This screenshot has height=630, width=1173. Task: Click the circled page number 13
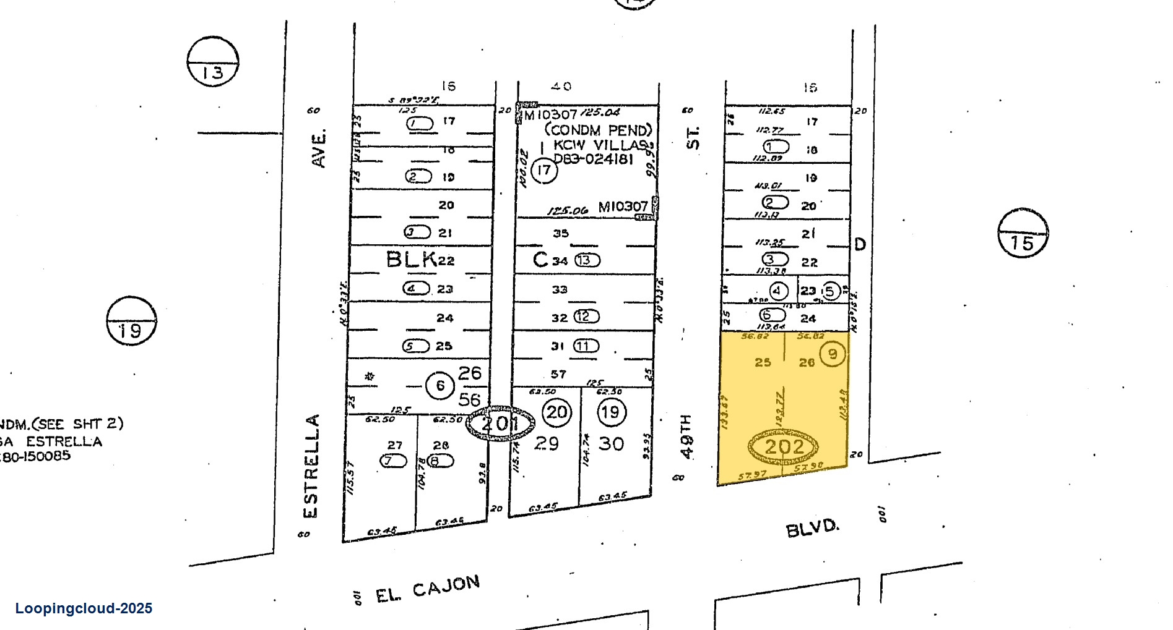coord(213,62)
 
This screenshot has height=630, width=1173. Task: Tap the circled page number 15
coord(1023,233)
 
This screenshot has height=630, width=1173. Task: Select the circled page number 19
coord(131,321)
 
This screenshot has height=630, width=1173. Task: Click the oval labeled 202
coord(783,446)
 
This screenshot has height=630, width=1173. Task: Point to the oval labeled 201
coord(500,424)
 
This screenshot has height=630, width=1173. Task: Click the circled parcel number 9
coord(833,354)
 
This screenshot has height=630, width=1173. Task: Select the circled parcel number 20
coord(556,412)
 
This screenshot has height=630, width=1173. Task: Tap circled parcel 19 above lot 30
coord(611,412)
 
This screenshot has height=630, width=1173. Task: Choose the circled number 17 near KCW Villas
coord(543,170)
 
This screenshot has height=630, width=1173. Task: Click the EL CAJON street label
coord(428,589)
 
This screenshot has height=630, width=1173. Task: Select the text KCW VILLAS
coord(600,145)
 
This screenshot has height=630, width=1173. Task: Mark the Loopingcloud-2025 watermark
coord(84,608)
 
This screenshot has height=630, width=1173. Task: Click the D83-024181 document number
coord(593,159)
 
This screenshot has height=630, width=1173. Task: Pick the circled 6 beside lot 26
coord(440,386)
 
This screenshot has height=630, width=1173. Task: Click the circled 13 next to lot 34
coord(587,260)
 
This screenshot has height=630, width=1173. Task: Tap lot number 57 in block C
coord(558,374)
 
